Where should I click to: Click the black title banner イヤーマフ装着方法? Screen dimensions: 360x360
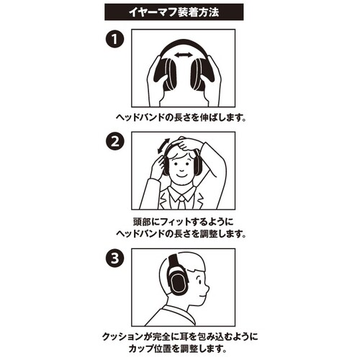pos(174,12)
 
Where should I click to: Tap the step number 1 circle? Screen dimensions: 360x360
pos(115,39)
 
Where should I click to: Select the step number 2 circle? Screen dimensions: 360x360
pos(115,141)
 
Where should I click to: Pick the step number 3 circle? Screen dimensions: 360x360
pos(115,258)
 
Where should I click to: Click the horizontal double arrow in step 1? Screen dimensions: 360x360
pos(184,55)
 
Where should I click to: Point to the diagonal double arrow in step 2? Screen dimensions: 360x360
pos(163,145)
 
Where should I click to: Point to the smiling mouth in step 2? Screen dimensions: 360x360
pos(182,174)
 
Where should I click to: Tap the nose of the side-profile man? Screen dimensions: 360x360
pos(206,287)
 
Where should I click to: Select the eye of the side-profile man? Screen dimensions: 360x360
pos(199,280)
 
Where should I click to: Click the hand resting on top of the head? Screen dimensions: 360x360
pos(186,145)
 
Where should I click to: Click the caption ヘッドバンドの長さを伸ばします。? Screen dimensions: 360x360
pos(181,117)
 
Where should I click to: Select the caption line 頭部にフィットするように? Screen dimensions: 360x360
pos(183,222)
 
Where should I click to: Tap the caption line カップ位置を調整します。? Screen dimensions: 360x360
pos(177,348)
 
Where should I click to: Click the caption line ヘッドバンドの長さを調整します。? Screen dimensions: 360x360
pos(181,233)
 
